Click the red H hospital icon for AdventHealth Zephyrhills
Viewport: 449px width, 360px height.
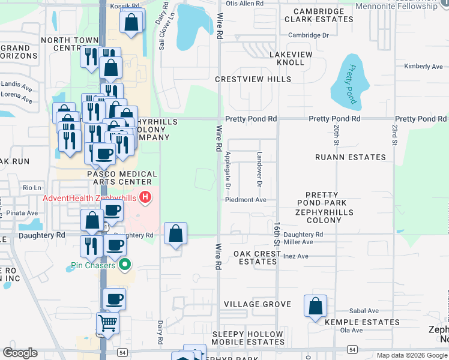click(x=145, y=196)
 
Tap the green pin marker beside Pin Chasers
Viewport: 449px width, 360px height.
click(x=125, y=264)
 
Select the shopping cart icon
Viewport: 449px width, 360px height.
click(x=108, y=323)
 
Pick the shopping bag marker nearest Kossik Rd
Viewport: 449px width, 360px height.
click(x=132, y=23)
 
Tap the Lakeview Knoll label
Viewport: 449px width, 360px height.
click(x=291, y=58)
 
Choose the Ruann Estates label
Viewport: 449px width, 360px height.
click(x=351, y=157)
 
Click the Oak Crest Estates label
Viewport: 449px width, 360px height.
click(x=257, y=257)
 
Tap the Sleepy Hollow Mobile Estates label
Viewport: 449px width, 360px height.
click(x=247, y=338)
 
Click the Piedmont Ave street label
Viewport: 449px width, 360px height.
click(x=246, y=200)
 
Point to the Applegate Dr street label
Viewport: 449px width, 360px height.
click(x=228, y=170)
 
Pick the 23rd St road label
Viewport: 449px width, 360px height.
click(x=395, y=135)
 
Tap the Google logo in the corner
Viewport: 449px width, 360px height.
click(x=20, y=353)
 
